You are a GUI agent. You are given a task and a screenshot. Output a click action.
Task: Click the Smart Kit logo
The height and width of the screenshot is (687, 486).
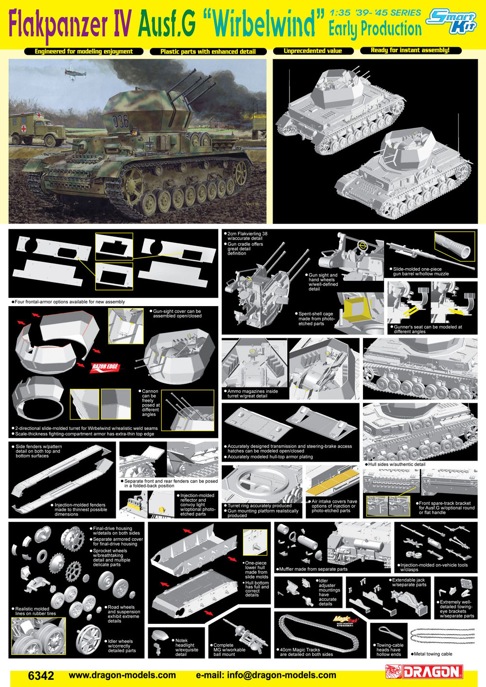(451, 21)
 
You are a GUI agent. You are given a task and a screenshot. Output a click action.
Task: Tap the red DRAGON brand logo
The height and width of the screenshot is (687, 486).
(424, 672)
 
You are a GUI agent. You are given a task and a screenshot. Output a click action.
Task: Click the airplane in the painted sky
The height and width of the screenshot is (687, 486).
(75, 72)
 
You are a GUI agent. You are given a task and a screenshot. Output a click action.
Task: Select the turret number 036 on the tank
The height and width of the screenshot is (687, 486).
(120, 121)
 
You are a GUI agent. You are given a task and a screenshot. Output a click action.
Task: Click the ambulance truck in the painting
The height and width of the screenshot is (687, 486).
(37, 128)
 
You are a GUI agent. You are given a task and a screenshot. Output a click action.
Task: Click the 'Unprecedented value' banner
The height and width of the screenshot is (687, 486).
(313, 51)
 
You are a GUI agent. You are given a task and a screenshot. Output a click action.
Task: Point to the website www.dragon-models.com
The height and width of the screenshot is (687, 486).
(122, 675)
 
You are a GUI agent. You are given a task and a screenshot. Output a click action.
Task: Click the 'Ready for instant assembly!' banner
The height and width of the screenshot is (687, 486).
(411, 51)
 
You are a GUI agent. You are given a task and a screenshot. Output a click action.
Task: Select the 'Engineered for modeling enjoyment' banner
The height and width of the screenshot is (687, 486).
(84, 52)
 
